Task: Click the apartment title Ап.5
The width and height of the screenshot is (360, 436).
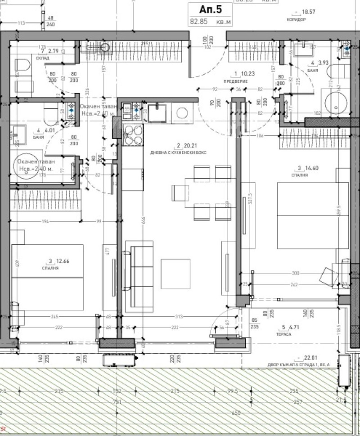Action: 210,8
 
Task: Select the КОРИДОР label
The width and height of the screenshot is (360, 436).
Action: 296,20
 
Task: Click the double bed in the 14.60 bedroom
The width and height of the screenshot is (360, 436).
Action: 312,216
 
